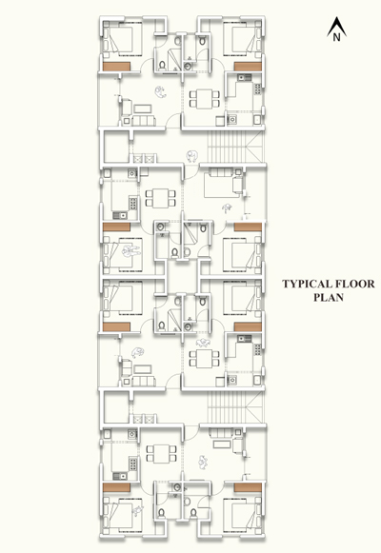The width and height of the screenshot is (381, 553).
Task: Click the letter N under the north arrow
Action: [x=336, y=37]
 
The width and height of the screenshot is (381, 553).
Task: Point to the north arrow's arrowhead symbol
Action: [x=336, y=26]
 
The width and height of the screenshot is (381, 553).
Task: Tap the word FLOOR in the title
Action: [x=354, y=284]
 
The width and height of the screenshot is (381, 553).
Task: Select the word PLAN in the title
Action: [x=329, y=297]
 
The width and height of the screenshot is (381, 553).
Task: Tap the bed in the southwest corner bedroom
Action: [x=123, y=515]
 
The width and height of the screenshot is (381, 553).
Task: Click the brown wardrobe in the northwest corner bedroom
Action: [x=116, y=67]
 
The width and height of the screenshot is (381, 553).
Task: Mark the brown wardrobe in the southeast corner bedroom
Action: [x=248, y=487]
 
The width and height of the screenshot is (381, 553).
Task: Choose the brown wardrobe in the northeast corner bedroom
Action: [x=248, y=67]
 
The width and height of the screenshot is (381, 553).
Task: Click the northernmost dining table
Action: [x=205, y=99]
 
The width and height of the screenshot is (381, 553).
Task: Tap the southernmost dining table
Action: [x=161, y=454]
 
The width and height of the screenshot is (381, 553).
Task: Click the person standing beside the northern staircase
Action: [x=191, y=156]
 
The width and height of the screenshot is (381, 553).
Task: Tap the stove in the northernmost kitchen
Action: [x=258, y=89]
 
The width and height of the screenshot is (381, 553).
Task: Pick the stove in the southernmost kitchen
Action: [x=133, y=464]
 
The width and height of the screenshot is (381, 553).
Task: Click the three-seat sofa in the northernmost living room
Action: [x=144, y=121]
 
